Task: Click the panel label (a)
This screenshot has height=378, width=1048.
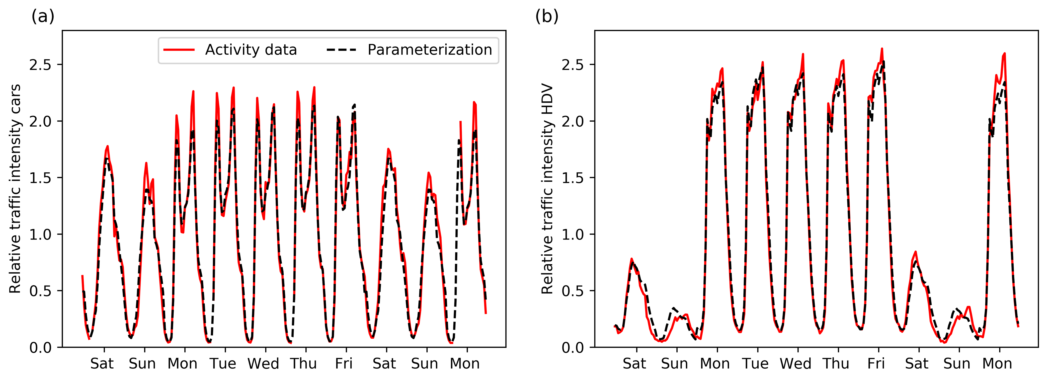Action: tap(43, 17)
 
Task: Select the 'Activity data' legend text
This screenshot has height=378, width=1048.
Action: tap(251, 50)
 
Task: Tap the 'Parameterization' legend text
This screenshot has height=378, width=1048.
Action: tap(430, 50)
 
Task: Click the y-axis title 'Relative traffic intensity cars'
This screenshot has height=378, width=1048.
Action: tap(15, 189)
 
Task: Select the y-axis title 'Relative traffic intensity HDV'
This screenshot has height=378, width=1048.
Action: tap(548, 189)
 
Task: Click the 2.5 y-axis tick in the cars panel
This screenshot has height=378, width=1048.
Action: tap(40, 65)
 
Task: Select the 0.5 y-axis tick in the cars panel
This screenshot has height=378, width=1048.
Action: tap(40, 291)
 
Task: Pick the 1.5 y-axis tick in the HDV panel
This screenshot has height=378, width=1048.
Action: tap(573, 178)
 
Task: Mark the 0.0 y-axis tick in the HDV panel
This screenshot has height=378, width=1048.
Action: tap(573, 348)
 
